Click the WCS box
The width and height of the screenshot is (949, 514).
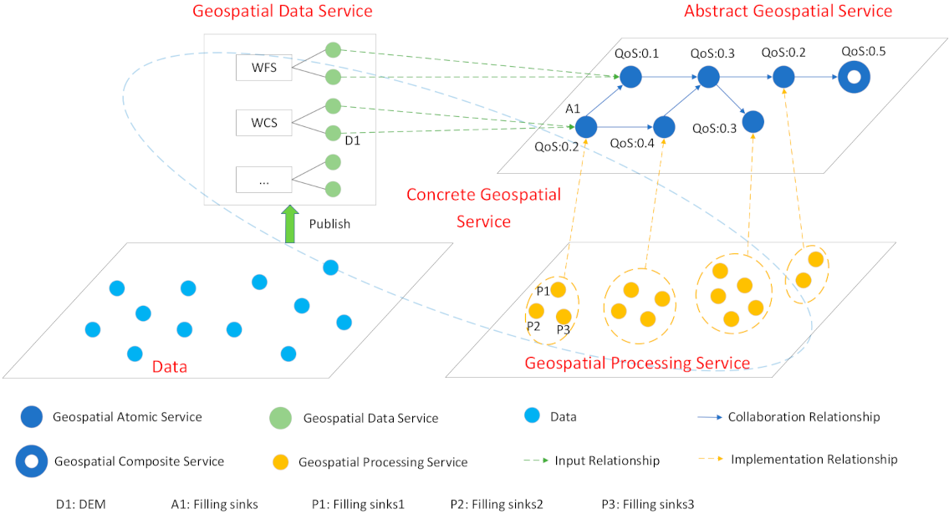coord(263,123)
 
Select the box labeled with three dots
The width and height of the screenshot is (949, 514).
coord(263,180)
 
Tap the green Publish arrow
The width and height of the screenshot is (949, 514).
coord(289,225)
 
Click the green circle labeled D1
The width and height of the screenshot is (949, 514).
coord(333,133)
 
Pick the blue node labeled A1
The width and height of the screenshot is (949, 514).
coord(585,127)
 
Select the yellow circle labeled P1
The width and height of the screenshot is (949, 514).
coord(559,290)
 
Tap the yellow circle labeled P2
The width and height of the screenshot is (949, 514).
coord(537,311)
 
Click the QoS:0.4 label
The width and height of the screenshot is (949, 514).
coord(633,143)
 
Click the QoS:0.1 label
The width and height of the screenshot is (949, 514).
coord(637,53)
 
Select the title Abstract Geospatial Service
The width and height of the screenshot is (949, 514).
coord(788,12)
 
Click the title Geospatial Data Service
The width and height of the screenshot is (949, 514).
coord(283,12)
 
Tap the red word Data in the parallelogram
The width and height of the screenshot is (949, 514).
coord(170,367)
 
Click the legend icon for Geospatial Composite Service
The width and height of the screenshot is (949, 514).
coord(31,461)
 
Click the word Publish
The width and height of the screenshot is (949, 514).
coord(330,224)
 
